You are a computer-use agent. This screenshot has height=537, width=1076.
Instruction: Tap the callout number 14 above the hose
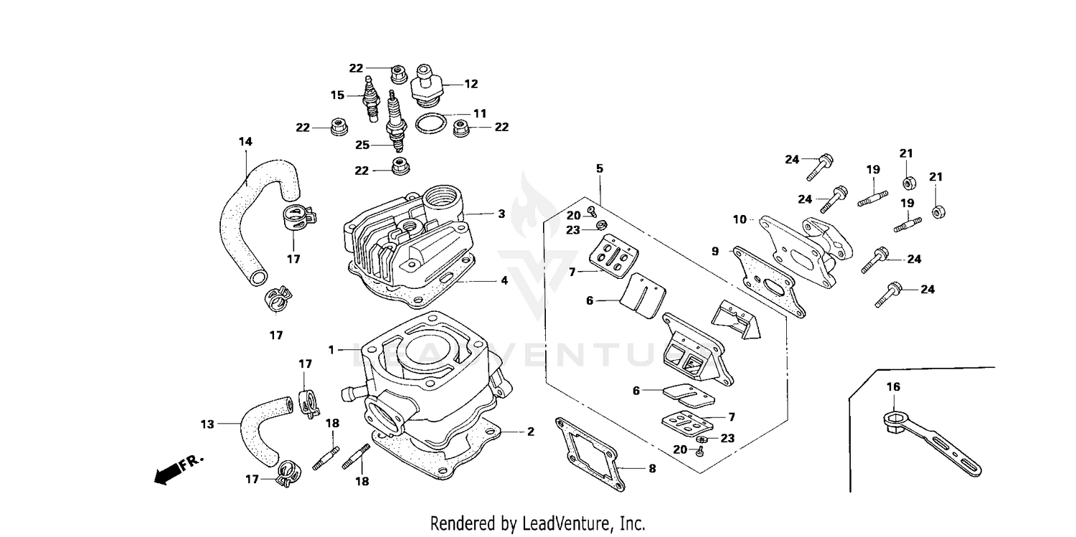pyautogui.click(x=245, y=142)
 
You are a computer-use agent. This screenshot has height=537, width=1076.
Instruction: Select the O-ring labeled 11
pyautogui.click(x=430, y=123)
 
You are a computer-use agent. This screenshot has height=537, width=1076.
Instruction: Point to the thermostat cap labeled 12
pyautogui.click(x=426, y=87)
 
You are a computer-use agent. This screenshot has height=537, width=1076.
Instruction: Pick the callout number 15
pyautogui.click(x=337, y=95)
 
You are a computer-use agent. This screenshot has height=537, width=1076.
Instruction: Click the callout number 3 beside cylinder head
pyautogui.click(x=501, y=214)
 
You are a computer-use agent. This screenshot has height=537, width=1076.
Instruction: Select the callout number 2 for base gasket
pyautogui.click(x=530, y=432)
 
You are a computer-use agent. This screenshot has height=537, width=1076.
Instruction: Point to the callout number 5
pyautogui.click(x=599, y=168)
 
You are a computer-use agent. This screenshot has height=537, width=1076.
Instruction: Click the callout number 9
pyautogui.click(x=714, y=251)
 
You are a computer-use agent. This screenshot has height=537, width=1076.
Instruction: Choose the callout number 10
pyautogui.click(x=740, y=219)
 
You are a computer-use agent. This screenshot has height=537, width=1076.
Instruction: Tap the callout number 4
pyautogui.click(x=504, y=280)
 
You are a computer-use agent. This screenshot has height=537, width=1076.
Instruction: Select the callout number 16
pyautogui.click(x=892, y=387)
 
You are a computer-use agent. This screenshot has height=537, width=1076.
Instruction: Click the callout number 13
pyautogui.click(x=207, y=424)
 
